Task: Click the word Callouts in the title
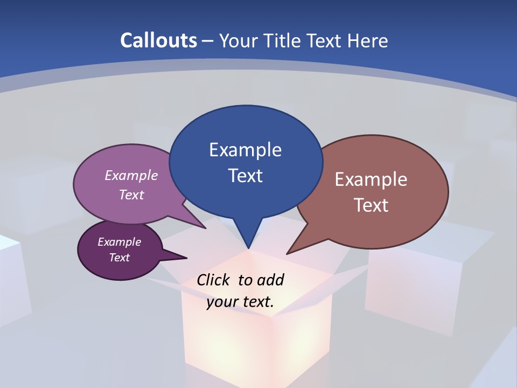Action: tap(159, 40)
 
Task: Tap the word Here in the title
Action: tap(366, 40)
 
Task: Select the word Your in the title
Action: tap(237, 40)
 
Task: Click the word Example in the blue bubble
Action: tap(245, 150)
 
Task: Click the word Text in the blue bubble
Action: tap(245, 176)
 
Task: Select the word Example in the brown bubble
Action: tap(371, 179)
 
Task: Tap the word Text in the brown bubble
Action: tap(371, 205)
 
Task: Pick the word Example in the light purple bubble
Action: tap(131, 175)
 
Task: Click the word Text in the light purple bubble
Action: tap(131, 195)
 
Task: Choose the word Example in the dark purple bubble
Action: tap(119, 242)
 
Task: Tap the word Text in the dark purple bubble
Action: tap(119, 258)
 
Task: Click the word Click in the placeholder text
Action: tap(212, 280)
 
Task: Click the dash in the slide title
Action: tap(208, 41)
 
